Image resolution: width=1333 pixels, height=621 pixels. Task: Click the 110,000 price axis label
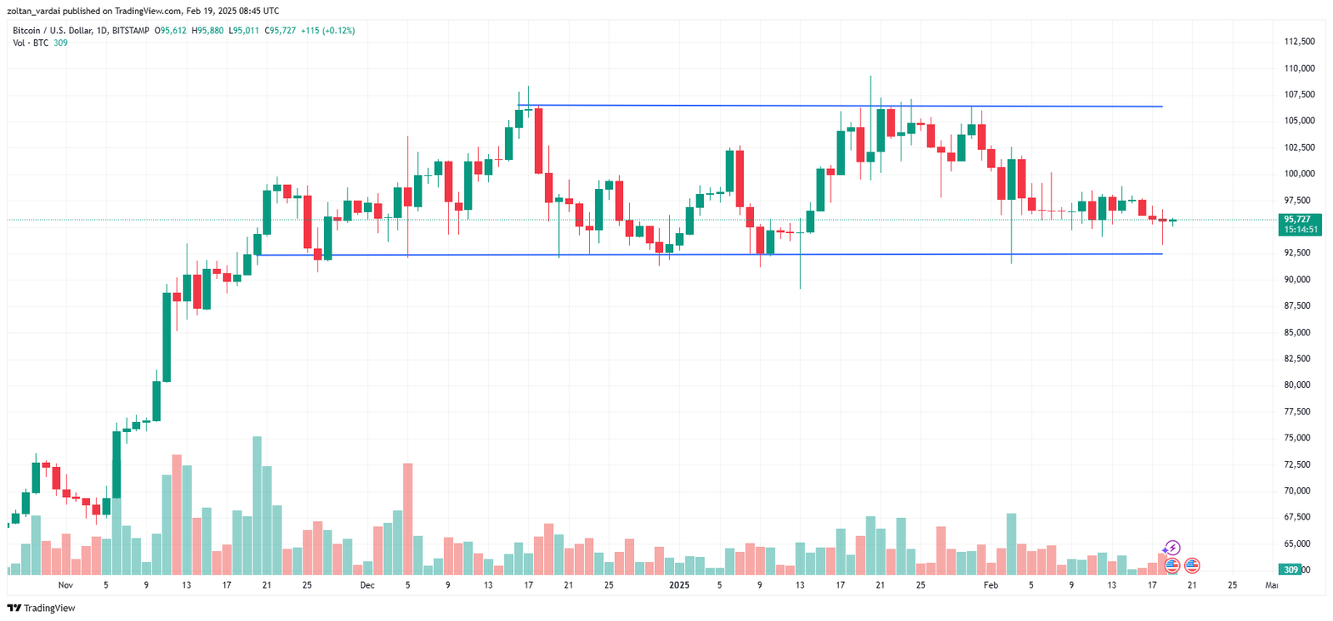point(1299,68)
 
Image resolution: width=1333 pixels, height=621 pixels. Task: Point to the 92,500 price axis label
point(1299,252)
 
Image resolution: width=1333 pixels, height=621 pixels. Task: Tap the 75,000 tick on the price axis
point(1299,438)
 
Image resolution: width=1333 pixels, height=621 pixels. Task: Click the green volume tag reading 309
point(1291,570)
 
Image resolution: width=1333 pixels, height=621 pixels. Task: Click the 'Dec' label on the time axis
point(367,585)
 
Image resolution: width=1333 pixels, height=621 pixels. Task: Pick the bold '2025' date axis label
point(680,585)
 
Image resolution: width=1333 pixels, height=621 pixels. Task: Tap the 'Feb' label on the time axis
point(991,585)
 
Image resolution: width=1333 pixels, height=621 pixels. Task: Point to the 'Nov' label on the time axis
point(66,585)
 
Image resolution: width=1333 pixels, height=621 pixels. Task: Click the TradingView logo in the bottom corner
point(41,609)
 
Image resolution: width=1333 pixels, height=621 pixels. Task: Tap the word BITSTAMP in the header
point(131,31)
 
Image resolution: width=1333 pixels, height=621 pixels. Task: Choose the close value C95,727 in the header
point(280,31)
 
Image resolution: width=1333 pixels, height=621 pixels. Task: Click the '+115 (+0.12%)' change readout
point(327,31)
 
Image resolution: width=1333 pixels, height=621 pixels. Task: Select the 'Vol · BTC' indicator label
point(31,43)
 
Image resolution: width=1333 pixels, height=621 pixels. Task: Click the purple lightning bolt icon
point(1172,548)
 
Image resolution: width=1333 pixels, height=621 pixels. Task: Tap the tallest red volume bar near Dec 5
point(407,519)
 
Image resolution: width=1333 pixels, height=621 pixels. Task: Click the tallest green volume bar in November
point(257,505)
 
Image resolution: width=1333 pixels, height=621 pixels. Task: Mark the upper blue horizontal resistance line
point(833,106)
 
